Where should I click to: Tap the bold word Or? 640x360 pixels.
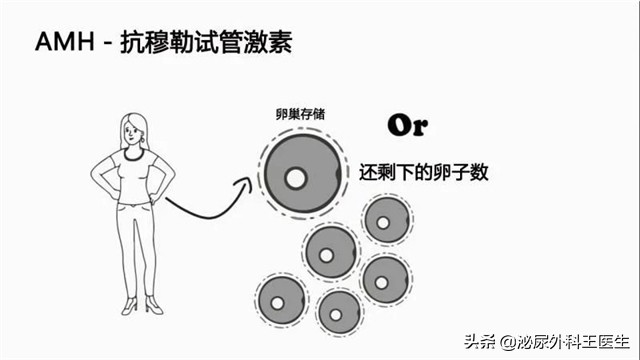[x=405, y=126]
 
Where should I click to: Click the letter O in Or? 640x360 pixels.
[x=397, y=126]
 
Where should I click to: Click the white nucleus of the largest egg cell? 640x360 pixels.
[x=296, y=179]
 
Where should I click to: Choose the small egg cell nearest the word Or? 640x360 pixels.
[x=384, y=222]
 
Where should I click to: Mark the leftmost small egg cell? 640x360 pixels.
[x=280, y=300]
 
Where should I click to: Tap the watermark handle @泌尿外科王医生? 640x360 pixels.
[x=561, y=341]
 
